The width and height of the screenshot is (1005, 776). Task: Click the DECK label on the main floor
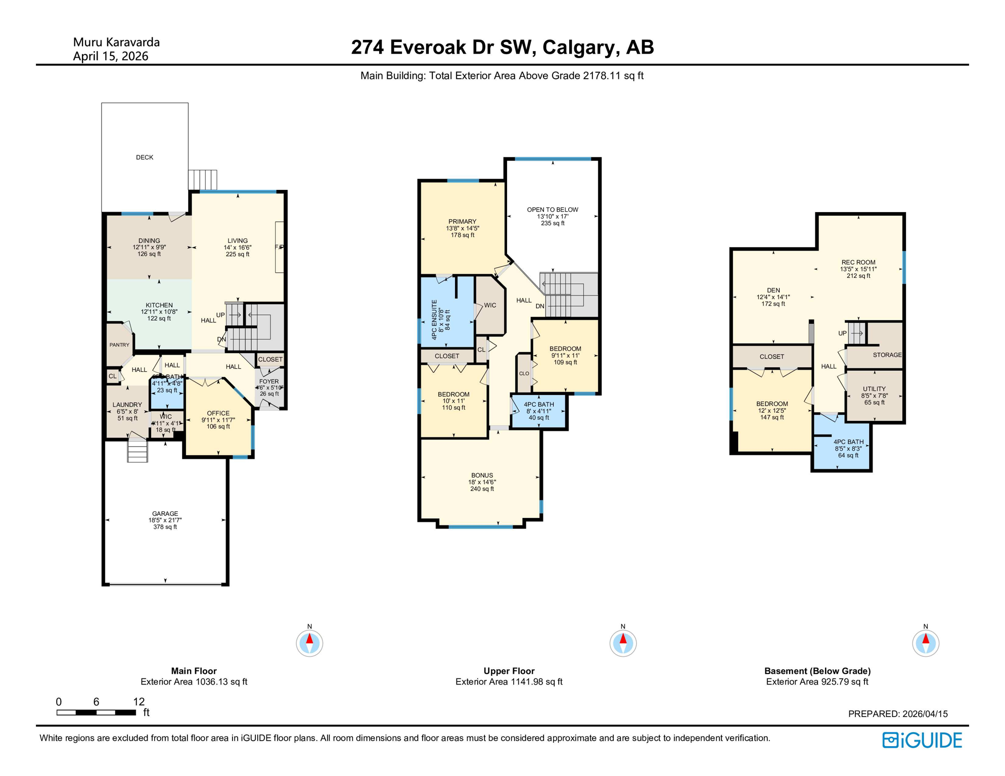point(145,157)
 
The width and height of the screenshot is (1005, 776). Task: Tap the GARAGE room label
point(165,514)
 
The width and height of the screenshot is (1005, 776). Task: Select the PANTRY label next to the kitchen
point(119,345)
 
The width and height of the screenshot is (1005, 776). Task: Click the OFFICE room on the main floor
point(218,414)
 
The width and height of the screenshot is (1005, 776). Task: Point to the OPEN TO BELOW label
point(552,210)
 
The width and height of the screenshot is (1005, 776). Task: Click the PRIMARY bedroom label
point(462,222)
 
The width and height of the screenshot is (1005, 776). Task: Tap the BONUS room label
point(482,476)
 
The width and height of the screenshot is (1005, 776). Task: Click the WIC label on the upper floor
point(490,306)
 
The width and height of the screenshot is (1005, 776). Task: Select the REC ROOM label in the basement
point(858,263)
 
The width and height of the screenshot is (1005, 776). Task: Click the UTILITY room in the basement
point(874,390)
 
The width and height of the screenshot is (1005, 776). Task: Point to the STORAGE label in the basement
point(887,355)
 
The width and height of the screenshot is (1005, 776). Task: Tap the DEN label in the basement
point(773,290)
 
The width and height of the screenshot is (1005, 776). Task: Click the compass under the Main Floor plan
point(309,643)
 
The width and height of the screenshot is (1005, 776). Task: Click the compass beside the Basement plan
point(925,643)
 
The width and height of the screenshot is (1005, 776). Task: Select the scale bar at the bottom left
point(96,712)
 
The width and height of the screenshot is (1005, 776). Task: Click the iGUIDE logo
point(922,740)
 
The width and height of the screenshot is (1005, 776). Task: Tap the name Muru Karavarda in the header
point(116,42)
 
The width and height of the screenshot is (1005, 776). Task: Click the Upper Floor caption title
point(509,671)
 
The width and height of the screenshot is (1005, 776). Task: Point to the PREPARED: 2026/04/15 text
point(897,714)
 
